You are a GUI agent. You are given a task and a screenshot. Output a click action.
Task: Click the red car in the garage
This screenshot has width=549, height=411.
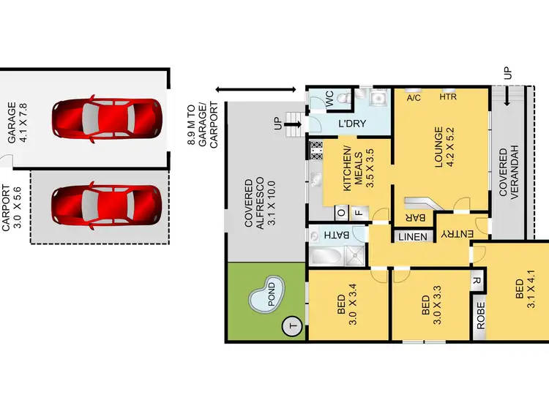tap(106, 118)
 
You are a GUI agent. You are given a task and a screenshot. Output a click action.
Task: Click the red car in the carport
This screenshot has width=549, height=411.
tap(106, 206)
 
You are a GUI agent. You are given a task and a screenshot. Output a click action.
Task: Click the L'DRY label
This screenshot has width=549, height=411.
tap(351, 124)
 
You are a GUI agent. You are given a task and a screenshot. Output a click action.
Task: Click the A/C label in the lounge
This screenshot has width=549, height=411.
tap(414, 97)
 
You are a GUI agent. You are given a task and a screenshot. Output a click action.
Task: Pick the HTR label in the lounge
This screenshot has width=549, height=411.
tap(448, 97)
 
